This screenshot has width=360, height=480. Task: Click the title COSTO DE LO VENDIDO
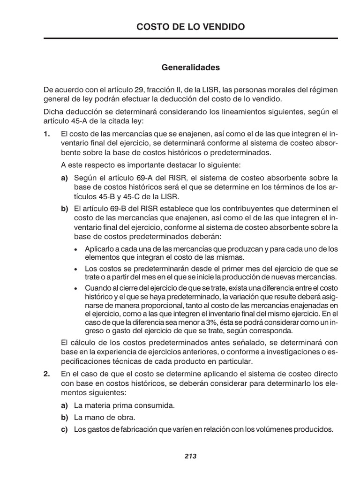click(190, 27)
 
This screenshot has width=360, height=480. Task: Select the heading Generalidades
click(190, 67)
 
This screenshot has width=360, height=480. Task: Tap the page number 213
click(190, 456)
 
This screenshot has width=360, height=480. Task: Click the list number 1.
click(46, 134)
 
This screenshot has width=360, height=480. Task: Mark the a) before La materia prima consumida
click(65, 405)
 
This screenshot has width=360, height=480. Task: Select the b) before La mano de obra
click(65, 417)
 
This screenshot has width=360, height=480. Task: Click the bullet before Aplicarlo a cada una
click(76, 249)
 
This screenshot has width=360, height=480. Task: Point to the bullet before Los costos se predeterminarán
click(76, 269)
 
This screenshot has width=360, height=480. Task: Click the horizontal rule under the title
click(190, 38)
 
